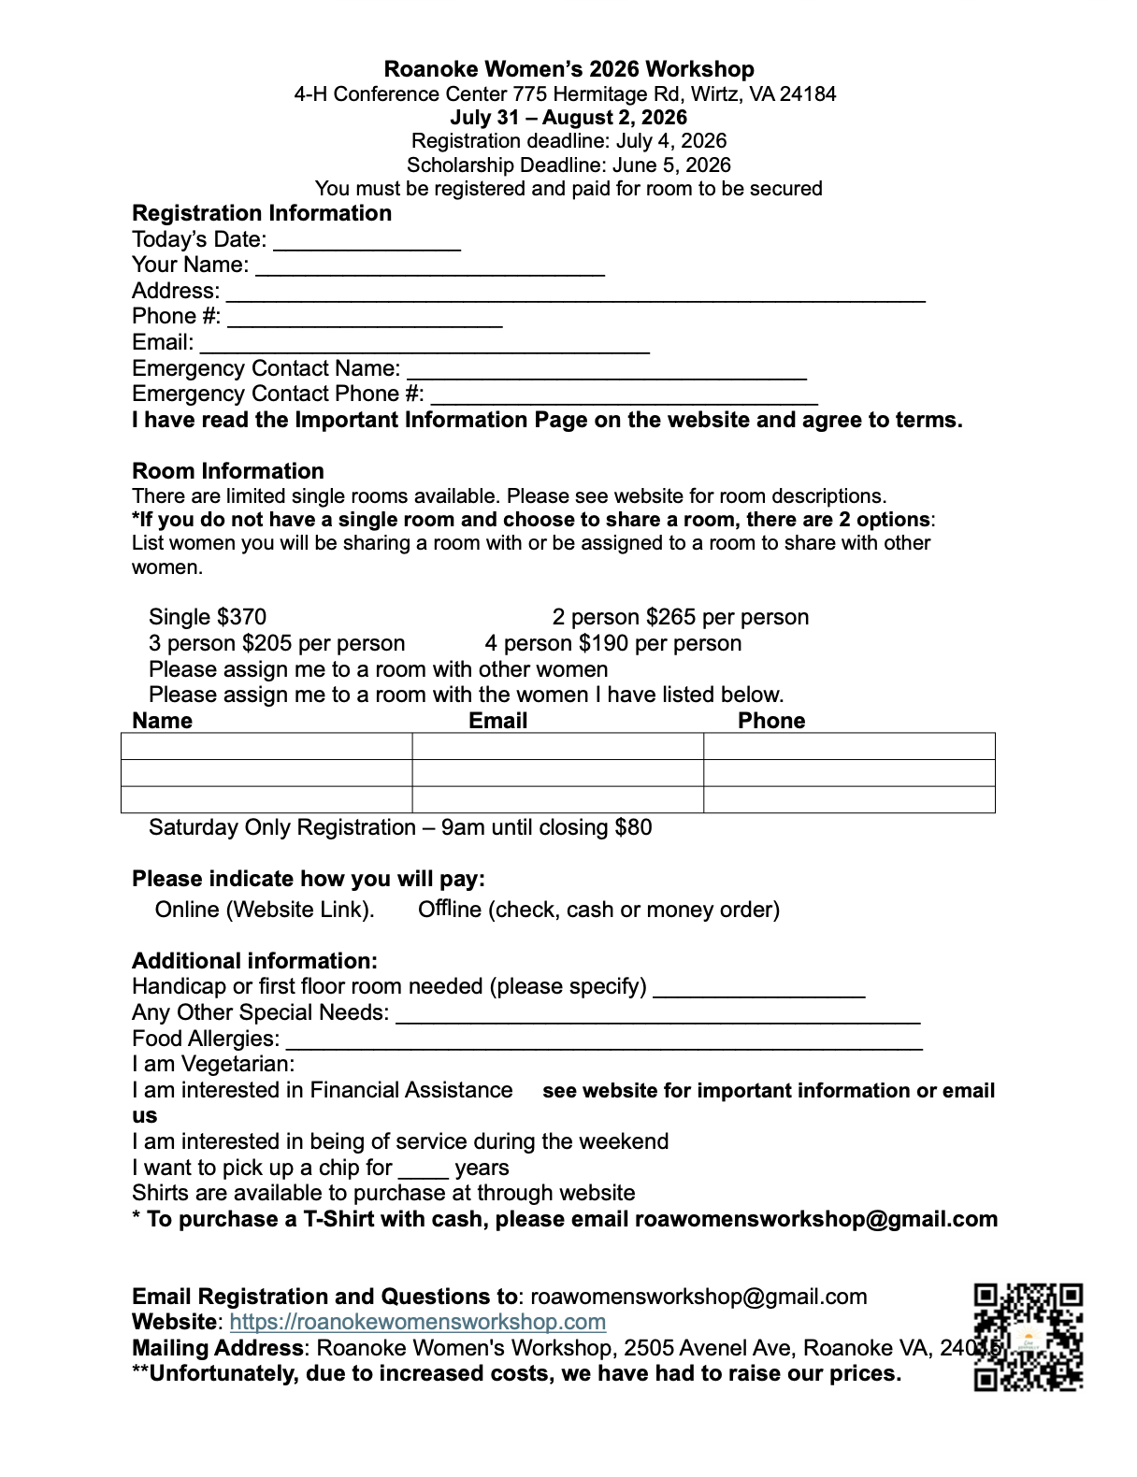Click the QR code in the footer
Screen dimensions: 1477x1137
[x=1029, y=1337]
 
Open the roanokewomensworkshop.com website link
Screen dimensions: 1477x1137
[x=418, y=1322]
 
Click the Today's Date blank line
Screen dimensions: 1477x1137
[x=367, y=241]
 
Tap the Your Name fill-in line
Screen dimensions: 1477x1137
[x=430, y=266]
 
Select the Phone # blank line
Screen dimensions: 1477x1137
[x=365, y=318]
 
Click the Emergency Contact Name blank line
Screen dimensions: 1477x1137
[x=607, y=370]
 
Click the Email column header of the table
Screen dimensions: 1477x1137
[x=497, y=721]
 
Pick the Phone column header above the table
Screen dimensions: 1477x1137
[x=771, y=721]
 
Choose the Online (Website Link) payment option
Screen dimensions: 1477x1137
[x=265, y=910]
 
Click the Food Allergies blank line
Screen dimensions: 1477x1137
[x=603, y=1040]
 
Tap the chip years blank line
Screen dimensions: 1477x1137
[x=423, y=1169]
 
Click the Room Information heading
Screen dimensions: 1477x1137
[x=228, y=471]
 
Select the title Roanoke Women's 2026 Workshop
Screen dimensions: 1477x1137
[x=568, y=69]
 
